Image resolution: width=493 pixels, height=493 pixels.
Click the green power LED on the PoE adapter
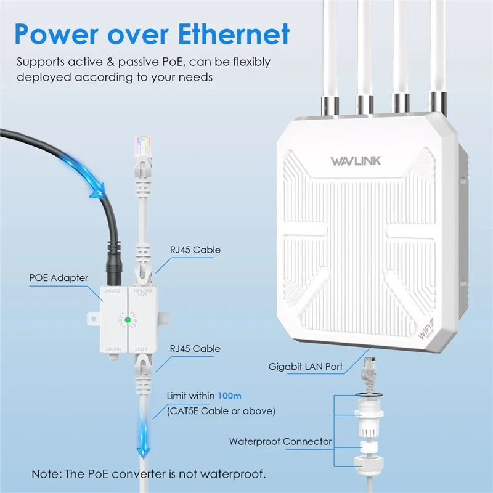tap(128, 320)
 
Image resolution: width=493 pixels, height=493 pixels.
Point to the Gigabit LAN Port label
tap(306, 367)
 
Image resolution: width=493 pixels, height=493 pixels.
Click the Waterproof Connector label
tap(280, 441)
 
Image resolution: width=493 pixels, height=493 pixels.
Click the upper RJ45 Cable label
tap(194, 250)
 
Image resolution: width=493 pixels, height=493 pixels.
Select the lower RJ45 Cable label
tap(194, 349)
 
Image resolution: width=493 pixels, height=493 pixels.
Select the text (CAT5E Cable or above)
tap(221, 410)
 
